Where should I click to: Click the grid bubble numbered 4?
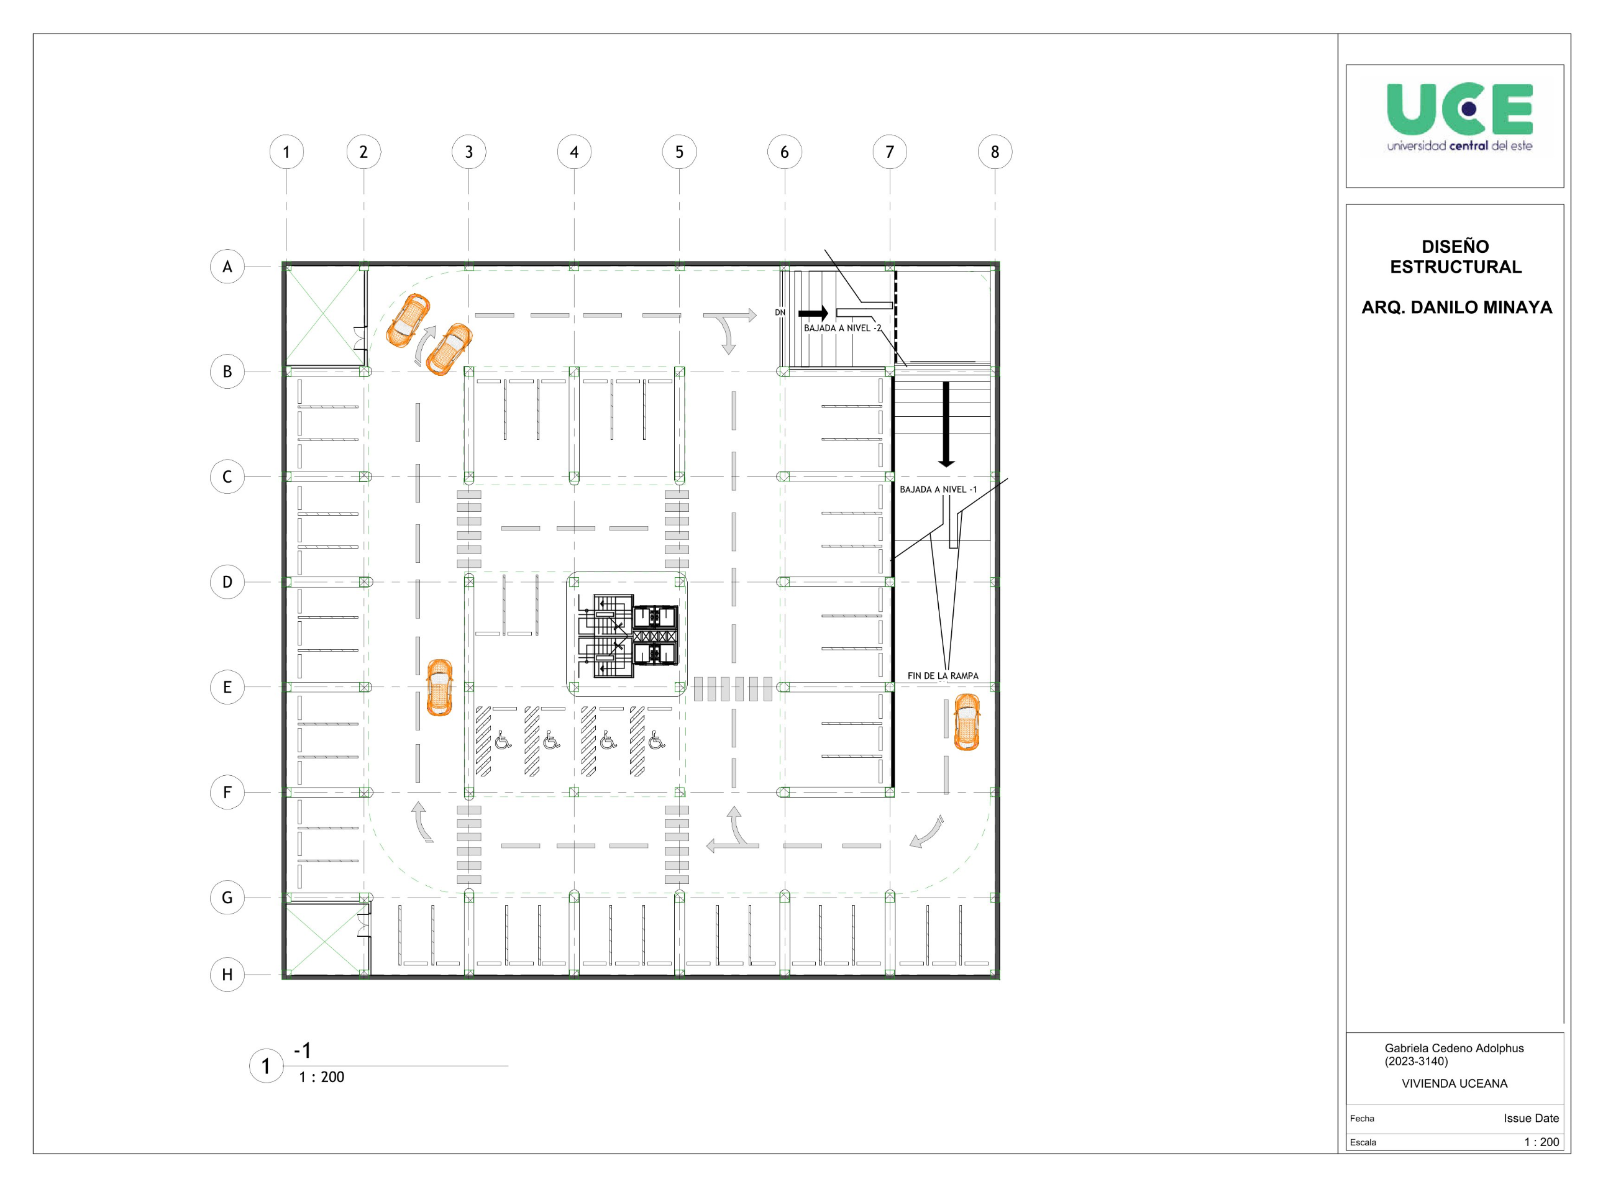click(574, 152)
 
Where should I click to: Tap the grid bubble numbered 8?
click(995, 152)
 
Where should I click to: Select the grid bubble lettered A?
click(227, 266)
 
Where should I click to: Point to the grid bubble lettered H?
click(227, 975)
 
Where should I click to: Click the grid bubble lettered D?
click(227, 582)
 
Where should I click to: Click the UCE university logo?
click(1459, 117)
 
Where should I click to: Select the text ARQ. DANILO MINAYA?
click(1456, 307)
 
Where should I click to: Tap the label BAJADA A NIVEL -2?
click(842, 328)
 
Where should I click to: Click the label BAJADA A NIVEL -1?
click(938, 489)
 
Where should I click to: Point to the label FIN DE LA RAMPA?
click(943, 676)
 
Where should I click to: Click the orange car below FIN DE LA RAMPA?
click(967, 722)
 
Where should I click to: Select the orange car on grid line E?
click(439, 688)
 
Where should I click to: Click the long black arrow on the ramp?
click(946, 424)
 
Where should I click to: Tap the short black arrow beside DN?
click(813, 314)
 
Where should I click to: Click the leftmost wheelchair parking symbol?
click(503, 740)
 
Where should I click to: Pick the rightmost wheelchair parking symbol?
click(657, 740)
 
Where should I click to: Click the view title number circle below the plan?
click(266, 1066)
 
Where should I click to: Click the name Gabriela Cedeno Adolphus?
click(1454, 1049)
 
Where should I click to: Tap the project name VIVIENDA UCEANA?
click(1455, 1084)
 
